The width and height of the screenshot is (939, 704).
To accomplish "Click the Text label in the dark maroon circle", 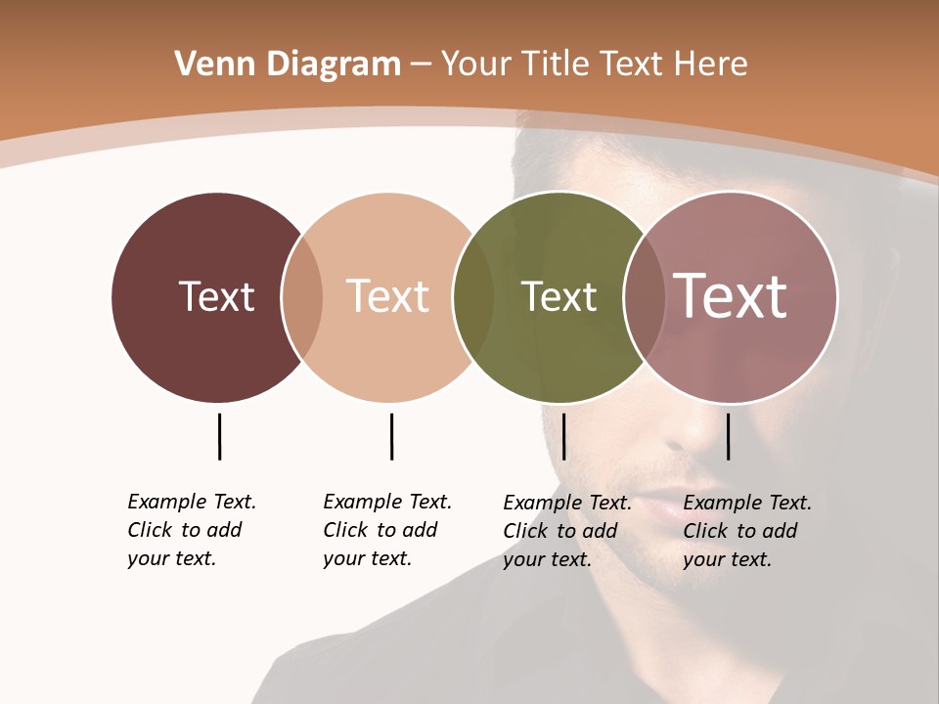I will [x=217, y=296].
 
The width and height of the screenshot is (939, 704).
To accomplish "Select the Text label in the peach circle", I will [x=388, y=296].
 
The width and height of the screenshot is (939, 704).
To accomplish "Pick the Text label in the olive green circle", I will [x=559, y=296].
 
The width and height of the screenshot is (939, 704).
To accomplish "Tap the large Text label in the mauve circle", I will [x=731, y=296].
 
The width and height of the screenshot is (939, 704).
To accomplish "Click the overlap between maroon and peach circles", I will [x=302, y=297].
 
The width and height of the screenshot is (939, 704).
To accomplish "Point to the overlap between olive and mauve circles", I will [x=645, y=297].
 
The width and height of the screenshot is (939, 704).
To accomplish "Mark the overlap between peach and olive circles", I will [x=473, y=297].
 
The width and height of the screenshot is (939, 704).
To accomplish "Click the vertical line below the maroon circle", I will [x=219, y=436].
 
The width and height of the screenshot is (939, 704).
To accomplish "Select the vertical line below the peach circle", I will [x=391, y=436].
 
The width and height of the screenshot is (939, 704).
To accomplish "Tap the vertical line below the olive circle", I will [x=563, y=436].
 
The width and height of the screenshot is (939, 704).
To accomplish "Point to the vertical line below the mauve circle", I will [x=728, y=436].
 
